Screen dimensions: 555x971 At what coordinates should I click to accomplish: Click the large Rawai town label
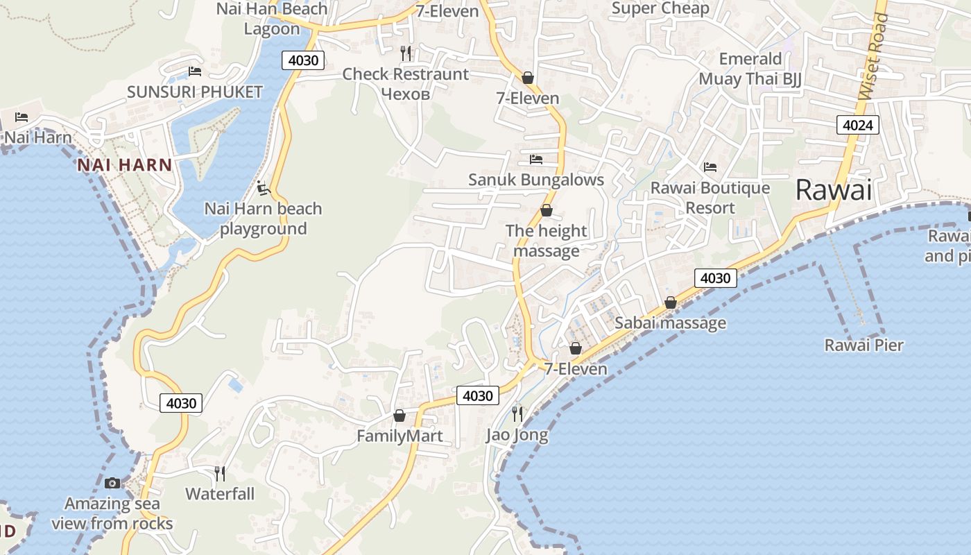(833, 189)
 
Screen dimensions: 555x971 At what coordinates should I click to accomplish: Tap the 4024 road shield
(857, 125)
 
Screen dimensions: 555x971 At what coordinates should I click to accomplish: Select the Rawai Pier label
(863, 345)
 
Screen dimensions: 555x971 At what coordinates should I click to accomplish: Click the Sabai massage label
(670, 323)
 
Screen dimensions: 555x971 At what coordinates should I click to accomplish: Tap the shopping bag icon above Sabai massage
(670, 302)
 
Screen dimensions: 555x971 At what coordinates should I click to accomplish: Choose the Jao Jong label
(517, 435)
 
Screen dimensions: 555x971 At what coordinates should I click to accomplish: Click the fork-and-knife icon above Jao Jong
(517, 414)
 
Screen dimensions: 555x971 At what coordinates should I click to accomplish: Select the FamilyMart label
(399, 436)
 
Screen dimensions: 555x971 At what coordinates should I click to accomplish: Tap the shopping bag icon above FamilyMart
(399, 416)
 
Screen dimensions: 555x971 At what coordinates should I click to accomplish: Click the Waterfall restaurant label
(220, 494)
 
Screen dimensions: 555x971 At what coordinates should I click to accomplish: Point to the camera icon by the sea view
(112, 483)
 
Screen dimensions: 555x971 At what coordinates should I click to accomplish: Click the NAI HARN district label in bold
(125, 165)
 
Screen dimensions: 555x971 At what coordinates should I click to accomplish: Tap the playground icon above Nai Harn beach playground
(263, 188)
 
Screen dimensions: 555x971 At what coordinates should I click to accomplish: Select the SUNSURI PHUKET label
(195, 92)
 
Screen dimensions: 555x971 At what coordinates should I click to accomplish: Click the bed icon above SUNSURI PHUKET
(195, 71)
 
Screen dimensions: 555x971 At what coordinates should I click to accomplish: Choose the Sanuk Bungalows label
(536, 180)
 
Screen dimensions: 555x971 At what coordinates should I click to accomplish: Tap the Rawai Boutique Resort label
(710, 198)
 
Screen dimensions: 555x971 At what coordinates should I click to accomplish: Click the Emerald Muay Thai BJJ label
(750, 69)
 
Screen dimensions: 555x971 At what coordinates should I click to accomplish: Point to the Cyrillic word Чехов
(406, 94)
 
